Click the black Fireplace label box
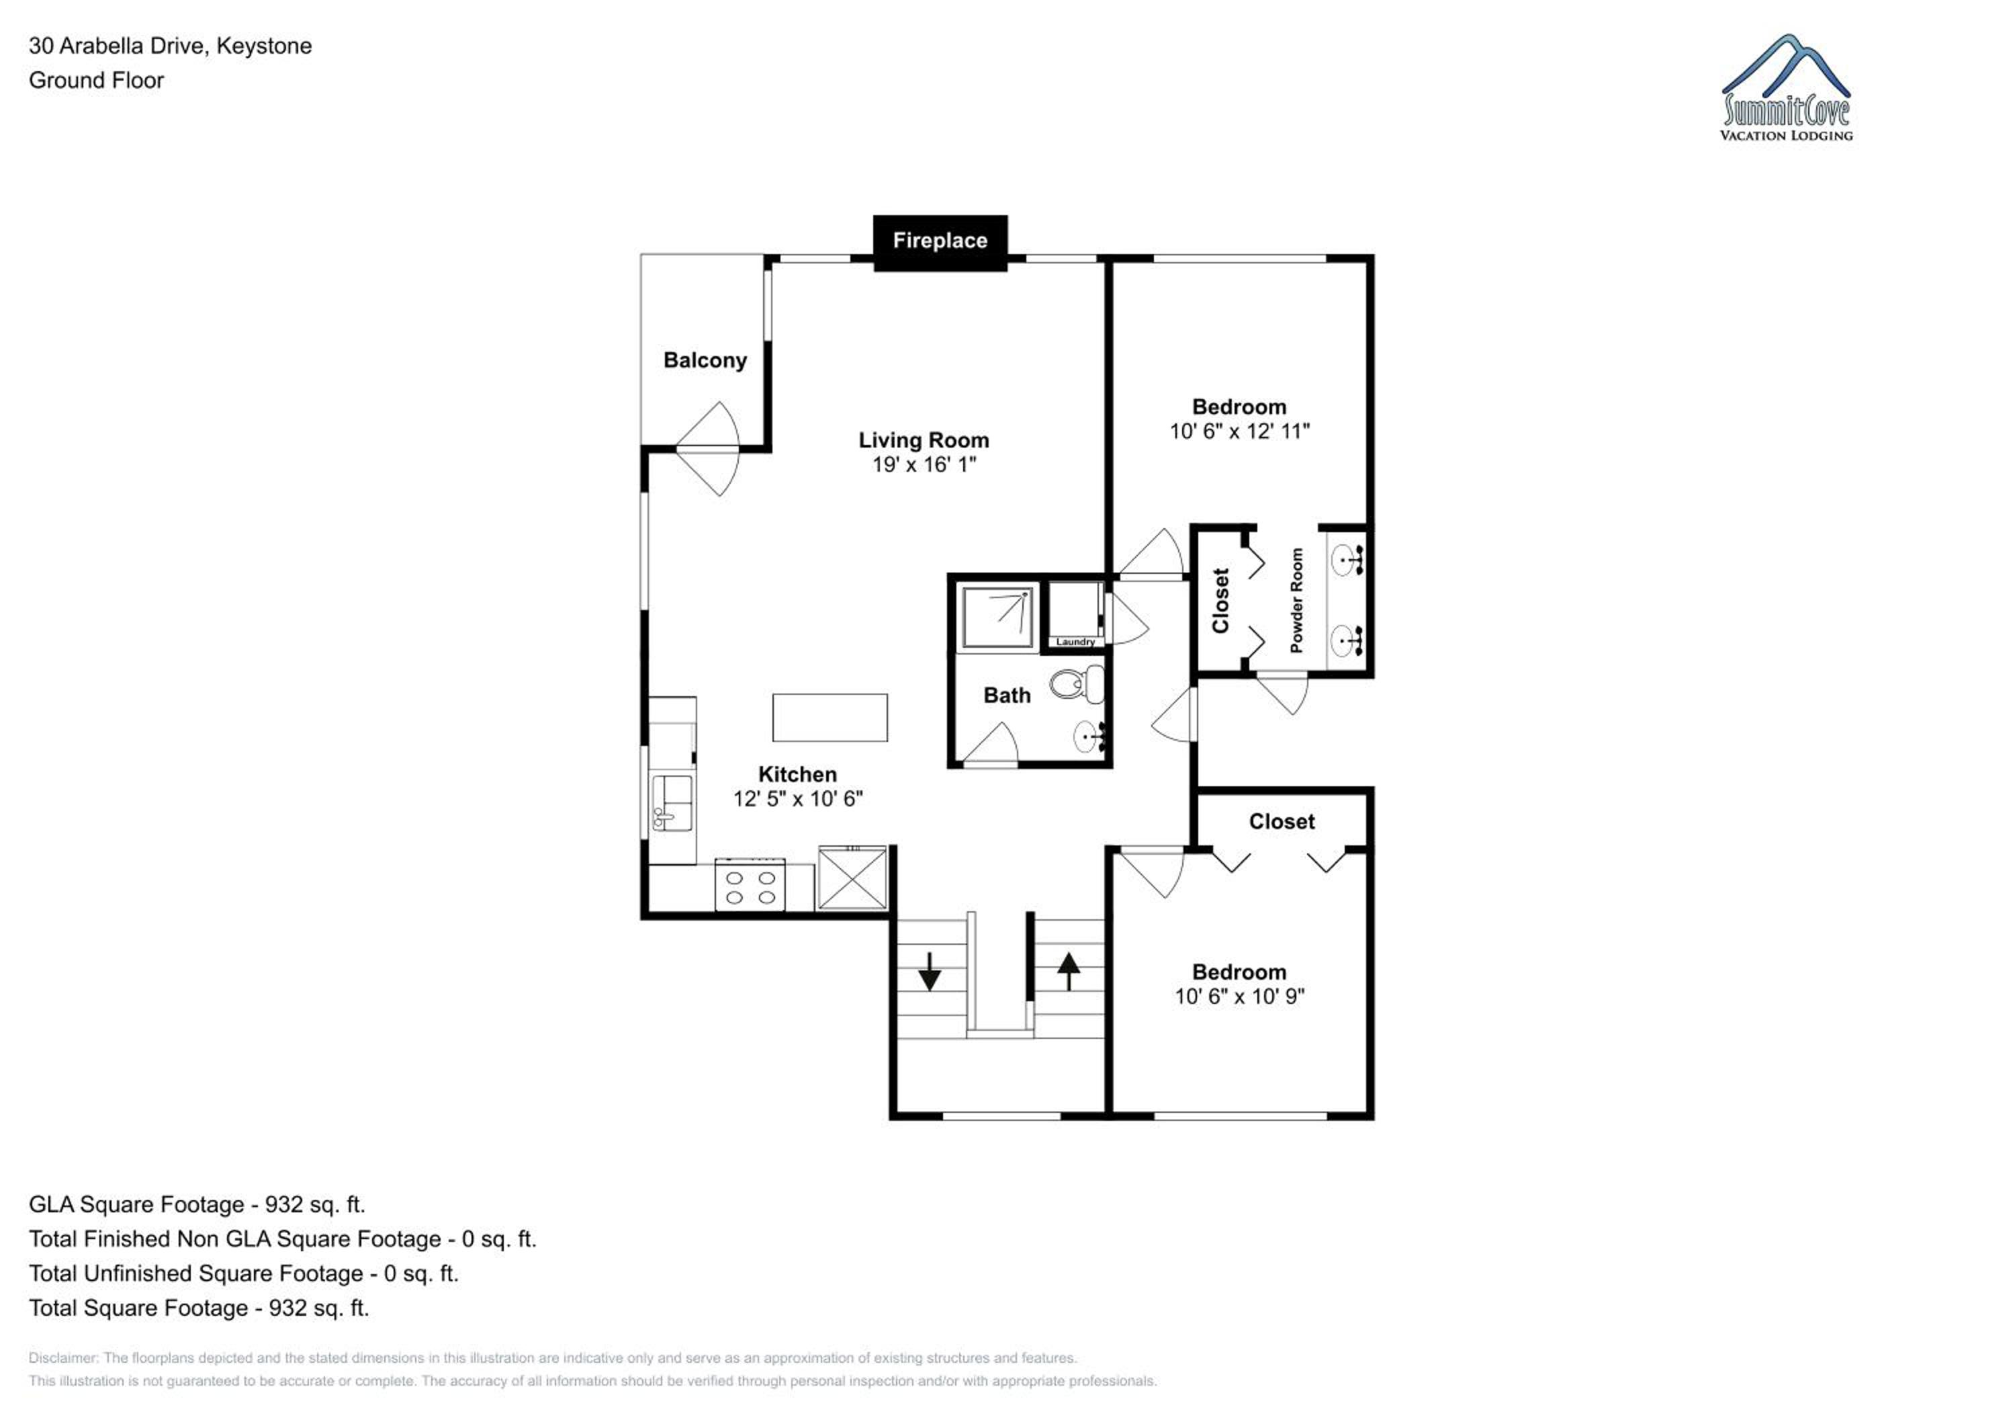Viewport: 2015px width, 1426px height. (x=940, y=243)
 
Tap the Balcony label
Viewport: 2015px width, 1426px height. (x=705, y=360)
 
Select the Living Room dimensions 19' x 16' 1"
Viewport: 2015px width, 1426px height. (x=924, y=464)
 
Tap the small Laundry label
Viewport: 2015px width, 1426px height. (x=1075, y=642)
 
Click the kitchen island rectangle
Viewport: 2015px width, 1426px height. (x=830, y=718)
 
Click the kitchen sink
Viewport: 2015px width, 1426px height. (x=672, y=802)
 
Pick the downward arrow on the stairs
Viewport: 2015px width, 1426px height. (x=930, y=972)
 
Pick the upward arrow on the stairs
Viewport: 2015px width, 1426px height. (x=1068, y=971)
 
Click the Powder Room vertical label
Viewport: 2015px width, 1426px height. (x=1296, y=601)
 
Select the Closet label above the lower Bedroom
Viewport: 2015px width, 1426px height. (x=1282, y=822)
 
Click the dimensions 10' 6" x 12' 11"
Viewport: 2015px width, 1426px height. (x=1239, y=431)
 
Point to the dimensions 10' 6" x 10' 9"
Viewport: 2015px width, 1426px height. (x=1239, y=997)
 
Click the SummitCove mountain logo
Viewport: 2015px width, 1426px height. (x=1786, y=87)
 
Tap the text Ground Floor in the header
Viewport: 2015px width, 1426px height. (x=97, y=80)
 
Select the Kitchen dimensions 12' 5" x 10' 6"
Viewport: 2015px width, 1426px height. (x=798, y=799)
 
